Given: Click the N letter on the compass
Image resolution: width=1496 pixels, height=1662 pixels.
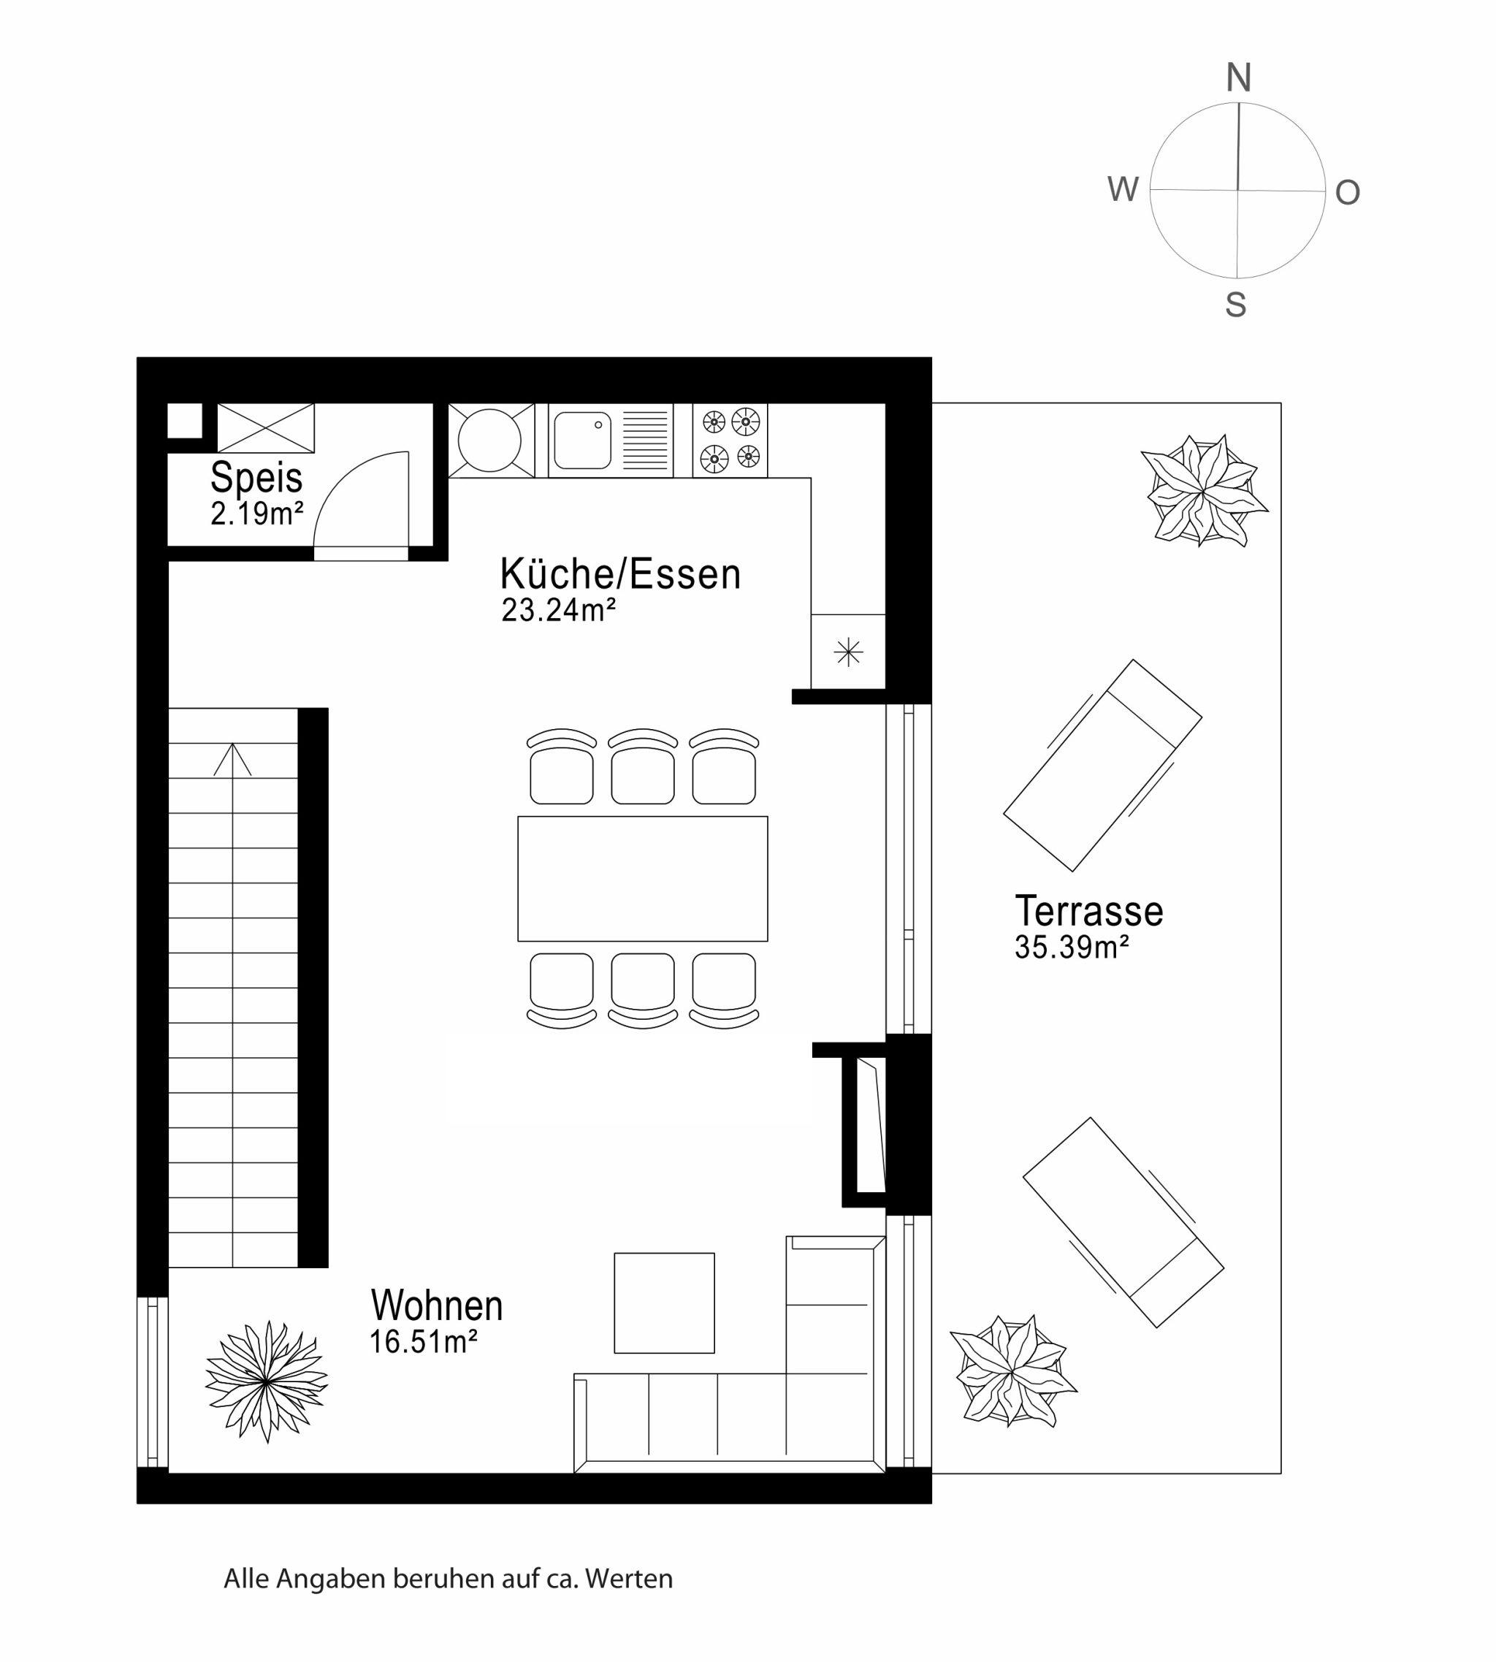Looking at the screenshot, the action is point(1239,77).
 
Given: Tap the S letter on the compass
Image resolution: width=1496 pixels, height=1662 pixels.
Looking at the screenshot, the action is point(1235,304).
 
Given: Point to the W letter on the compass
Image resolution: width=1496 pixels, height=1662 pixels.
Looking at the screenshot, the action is point(1123,189).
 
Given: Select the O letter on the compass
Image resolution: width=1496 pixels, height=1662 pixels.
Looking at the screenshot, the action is point(1347,192).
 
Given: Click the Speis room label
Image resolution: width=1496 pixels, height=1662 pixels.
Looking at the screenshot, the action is point(256,477).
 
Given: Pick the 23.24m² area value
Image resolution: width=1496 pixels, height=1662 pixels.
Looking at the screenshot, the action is point(559,610).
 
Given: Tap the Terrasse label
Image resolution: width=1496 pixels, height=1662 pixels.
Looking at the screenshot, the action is point(1089,911).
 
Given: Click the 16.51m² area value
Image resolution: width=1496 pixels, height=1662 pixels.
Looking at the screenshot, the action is point(424,1341).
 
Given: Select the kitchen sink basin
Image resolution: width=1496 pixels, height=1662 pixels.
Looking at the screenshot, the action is point(583,440).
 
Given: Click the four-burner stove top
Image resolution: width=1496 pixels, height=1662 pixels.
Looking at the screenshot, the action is point(730,440).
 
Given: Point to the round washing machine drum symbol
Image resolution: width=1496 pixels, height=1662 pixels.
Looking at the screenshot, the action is point(489,440).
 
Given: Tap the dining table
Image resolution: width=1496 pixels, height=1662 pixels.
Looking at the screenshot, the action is point(643,879).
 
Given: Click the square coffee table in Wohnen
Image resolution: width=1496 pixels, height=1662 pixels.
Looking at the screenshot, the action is point(664,1303).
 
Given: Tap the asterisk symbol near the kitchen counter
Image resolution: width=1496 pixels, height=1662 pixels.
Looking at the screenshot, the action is point(848,652).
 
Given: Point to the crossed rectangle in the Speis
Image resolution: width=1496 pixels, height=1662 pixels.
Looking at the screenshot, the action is point(265,427).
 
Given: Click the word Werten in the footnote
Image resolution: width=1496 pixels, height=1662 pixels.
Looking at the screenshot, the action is point(629,1579).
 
